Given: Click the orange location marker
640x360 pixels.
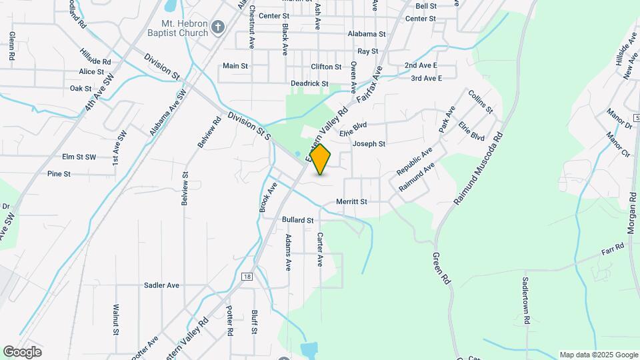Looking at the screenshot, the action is coord(320,159).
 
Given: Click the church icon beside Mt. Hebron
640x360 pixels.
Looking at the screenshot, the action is coord(217,28).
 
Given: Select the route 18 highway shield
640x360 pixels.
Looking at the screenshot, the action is coord(247,275).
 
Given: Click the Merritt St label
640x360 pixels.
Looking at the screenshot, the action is coord(351,201).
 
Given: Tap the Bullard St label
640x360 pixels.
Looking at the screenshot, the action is coord(297,219).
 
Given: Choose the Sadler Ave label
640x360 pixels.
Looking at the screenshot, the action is coord(161,285).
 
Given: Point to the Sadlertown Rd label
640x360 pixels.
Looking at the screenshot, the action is coord(526,301).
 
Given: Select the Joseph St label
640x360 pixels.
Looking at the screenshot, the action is coord(369,144).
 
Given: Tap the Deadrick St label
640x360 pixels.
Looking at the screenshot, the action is coord(309,84).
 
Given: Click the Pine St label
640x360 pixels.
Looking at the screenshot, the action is coord(59,174).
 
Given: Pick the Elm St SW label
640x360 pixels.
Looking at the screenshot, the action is coord(79,157).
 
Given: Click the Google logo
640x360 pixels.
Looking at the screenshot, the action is coord(22,352).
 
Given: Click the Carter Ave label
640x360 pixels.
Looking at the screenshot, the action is coord(320,250).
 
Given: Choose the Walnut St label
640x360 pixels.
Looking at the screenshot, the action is coord(115,319).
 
